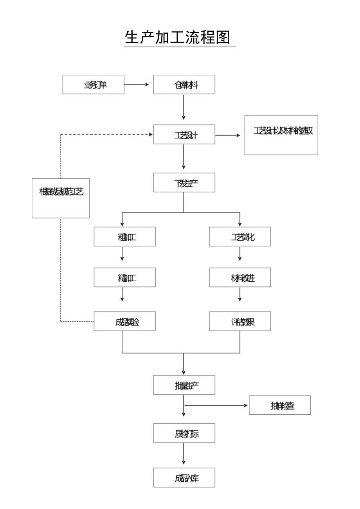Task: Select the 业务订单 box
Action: (x=93, y=85)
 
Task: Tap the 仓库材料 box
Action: (x=184, y=85)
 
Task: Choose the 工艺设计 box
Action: (x=184, y=135)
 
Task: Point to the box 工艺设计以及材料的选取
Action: (x=281, y=135)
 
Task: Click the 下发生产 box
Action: (x=184, y=182)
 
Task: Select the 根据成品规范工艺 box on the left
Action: (x=61, y=198)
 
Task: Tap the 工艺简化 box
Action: (x=239, y=237)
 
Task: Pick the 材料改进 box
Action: (x=239, y=277)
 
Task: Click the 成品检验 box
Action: (x=124, y=321)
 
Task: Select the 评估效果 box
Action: (x=239, y=321)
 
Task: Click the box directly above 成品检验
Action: (x=124, y=277)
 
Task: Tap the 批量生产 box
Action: (x=184, y=385)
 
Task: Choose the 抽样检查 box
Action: (x=280, y=405)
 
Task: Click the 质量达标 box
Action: (x=184, y=433)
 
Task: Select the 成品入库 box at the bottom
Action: (x=184, y=477)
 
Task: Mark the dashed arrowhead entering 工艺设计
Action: (x=150, y=135)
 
